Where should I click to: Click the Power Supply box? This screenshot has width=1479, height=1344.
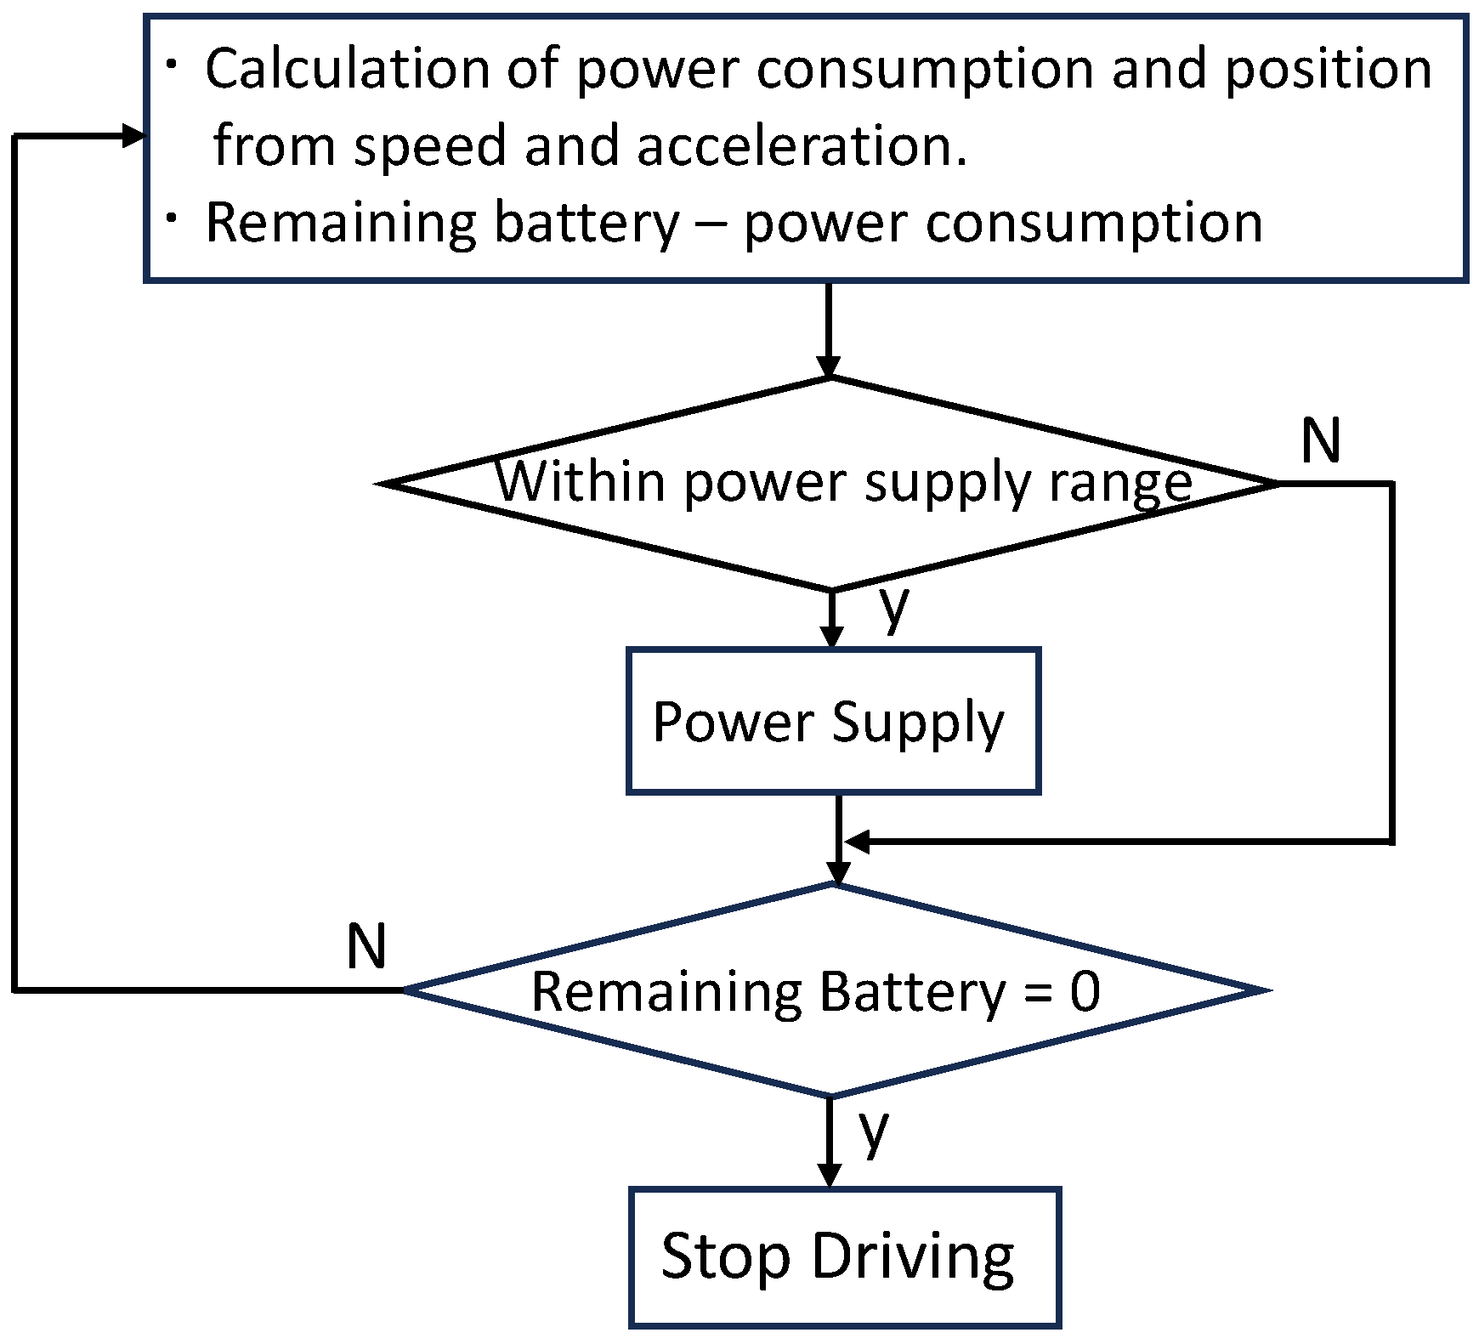[x=833, y=721]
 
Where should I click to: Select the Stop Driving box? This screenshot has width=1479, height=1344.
[x=845, y=1256]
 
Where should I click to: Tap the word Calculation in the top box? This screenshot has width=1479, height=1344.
[x=348, y=68]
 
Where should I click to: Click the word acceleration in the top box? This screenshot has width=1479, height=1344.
[x=802, y=145]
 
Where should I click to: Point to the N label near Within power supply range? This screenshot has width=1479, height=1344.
[x=1320, y=441]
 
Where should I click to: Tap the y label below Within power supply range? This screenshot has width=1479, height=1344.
[x=894, y=605]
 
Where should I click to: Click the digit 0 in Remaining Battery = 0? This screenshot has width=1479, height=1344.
[x=1085, y=991]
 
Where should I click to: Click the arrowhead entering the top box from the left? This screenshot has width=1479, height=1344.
[x=133, y=135]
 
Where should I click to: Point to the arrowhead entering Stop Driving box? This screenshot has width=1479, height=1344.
[x=828, y=1175]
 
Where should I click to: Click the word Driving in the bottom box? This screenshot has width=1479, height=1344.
[x=913, y=1256]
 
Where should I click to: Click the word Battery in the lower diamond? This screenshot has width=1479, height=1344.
[x=910, y=991]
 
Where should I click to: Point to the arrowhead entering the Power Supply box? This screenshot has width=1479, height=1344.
[x=832, y=636]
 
